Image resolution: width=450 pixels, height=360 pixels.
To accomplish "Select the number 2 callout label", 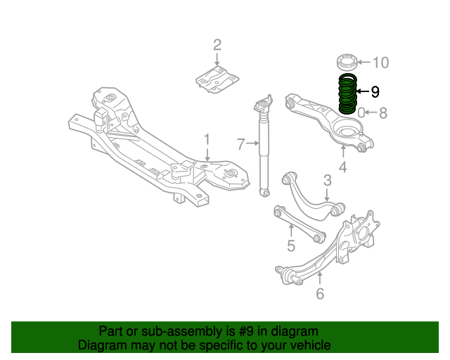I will [217, 46].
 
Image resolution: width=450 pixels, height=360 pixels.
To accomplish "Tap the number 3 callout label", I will [327, 181].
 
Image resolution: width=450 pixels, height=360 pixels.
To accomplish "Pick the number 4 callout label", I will [342, 167].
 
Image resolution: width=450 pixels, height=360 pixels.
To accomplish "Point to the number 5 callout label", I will [290, 245].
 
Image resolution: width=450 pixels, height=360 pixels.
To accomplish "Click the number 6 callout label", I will [320, 293].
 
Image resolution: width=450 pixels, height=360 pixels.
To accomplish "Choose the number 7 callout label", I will [240, 145].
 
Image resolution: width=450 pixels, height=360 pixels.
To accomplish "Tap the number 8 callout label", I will [382, 112].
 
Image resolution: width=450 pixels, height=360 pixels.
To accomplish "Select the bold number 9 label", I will [375, 91].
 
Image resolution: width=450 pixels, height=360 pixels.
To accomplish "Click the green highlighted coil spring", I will [347, 94].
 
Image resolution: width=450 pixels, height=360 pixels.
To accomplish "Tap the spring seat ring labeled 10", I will [347, 61].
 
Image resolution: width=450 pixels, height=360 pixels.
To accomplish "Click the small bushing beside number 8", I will [361, 112].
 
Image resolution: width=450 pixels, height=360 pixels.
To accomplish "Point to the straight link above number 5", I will [298, 222].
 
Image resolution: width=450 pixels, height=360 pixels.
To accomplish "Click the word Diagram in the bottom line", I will [102, 345].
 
